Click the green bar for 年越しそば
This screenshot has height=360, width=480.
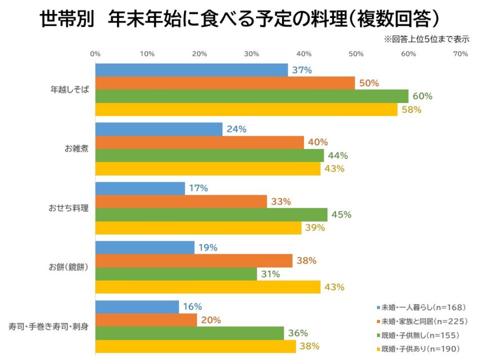[252, 96]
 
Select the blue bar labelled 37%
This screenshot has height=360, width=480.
[191, 70]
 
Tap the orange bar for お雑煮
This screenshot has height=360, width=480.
[199, 142]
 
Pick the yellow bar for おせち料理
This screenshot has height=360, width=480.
[198, 228]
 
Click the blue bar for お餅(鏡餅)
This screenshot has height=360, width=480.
[145, 247]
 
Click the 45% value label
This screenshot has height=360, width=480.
[341, 214]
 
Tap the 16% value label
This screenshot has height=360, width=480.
[192, 307]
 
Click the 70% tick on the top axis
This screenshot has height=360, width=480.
[460, 54]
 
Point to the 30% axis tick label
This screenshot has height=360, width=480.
[252, 54]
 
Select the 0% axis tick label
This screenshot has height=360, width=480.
[95, 54]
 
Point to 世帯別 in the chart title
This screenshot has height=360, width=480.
[63, 19]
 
